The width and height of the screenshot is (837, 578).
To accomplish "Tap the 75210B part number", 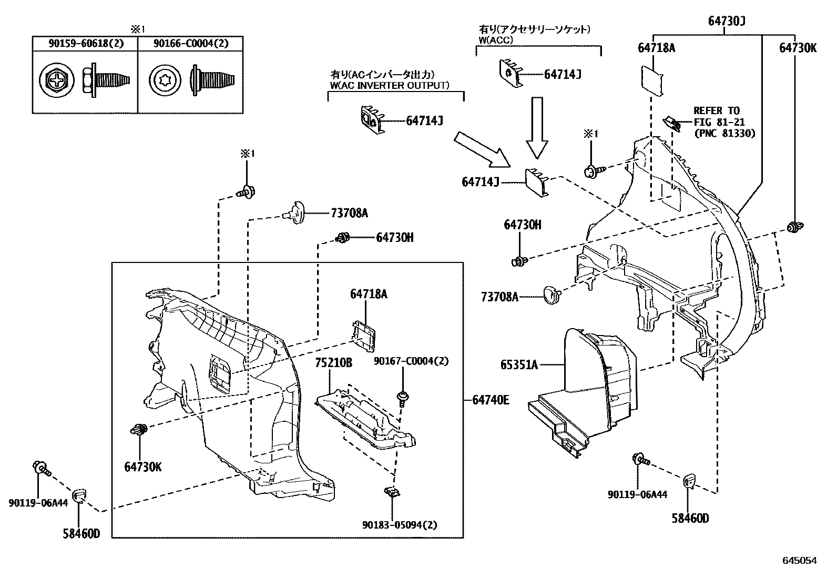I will tap(333, 363).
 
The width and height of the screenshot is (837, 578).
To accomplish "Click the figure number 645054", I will tap(800, 561).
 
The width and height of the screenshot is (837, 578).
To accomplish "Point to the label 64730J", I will tap(727, 21).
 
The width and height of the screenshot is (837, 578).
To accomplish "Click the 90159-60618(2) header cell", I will tap(85, 44).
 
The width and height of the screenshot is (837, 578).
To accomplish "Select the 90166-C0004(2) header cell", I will tap(190, 44).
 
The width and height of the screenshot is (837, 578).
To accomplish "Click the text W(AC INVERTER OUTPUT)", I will tap(390, 85).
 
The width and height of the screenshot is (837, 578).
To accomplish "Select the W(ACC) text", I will tap(496, 39).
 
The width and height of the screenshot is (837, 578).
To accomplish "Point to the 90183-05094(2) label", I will tap(400, 525).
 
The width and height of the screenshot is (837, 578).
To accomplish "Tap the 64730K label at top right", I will tap(798, 48).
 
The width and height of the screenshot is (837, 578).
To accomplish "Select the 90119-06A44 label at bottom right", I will tap(637, 494).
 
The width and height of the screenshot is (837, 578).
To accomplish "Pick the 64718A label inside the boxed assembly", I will tap(369, 294).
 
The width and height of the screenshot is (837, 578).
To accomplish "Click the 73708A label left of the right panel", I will tap(499, 297).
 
